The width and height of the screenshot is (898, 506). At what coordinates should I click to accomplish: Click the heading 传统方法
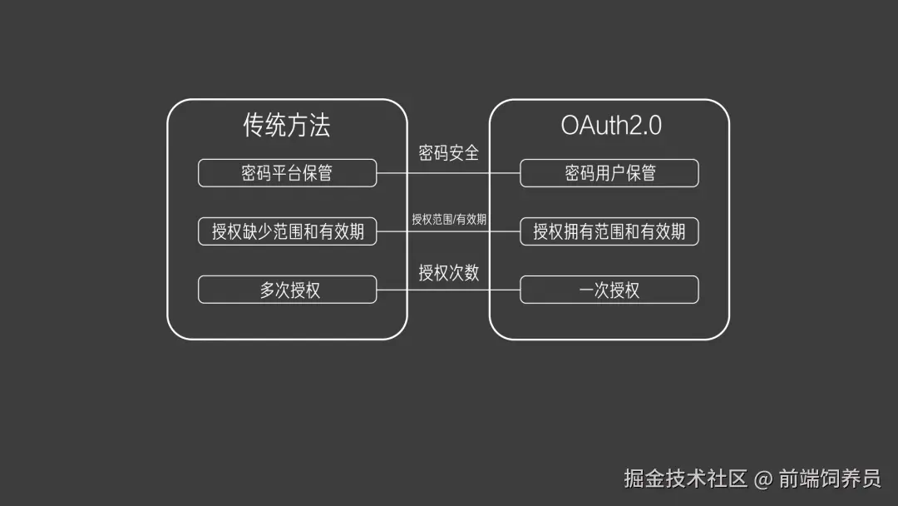tap(287, 125)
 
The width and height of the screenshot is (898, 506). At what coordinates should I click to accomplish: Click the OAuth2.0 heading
tap(611, 125)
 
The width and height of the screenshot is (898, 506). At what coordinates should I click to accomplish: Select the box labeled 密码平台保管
tap(287, 173)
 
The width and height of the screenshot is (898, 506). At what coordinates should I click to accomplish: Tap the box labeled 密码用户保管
tap(609, 173)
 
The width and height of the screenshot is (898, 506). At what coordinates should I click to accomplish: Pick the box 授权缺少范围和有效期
tap(287, 231)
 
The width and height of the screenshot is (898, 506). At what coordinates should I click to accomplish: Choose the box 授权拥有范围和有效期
tap(609, 231)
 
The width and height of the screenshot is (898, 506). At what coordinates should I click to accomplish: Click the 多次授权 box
tap(287, 290)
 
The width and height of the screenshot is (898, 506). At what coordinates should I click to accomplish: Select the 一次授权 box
tap(609, 290)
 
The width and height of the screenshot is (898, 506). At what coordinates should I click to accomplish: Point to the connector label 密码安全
tap(448, 153)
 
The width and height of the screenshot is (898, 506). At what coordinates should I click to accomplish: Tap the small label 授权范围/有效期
tap(448, 220)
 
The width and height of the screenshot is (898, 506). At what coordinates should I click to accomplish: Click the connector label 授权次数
tap(448, 272)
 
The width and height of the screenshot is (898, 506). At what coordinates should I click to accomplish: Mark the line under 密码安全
tap(448, 174)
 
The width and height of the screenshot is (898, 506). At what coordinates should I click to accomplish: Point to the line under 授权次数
tap(448, 290)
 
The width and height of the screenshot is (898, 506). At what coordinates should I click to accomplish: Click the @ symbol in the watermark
tap(763, 479)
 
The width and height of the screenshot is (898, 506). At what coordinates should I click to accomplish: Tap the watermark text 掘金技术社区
tap(686, 479)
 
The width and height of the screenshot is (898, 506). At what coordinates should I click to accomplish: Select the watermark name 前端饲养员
tap(829, 479)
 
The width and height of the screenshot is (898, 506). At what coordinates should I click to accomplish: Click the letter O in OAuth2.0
tap(571, 125)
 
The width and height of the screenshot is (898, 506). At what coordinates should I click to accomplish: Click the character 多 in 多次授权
tap(267, 290)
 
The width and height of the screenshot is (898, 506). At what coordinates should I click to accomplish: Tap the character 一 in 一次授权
tap(586, 290)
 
